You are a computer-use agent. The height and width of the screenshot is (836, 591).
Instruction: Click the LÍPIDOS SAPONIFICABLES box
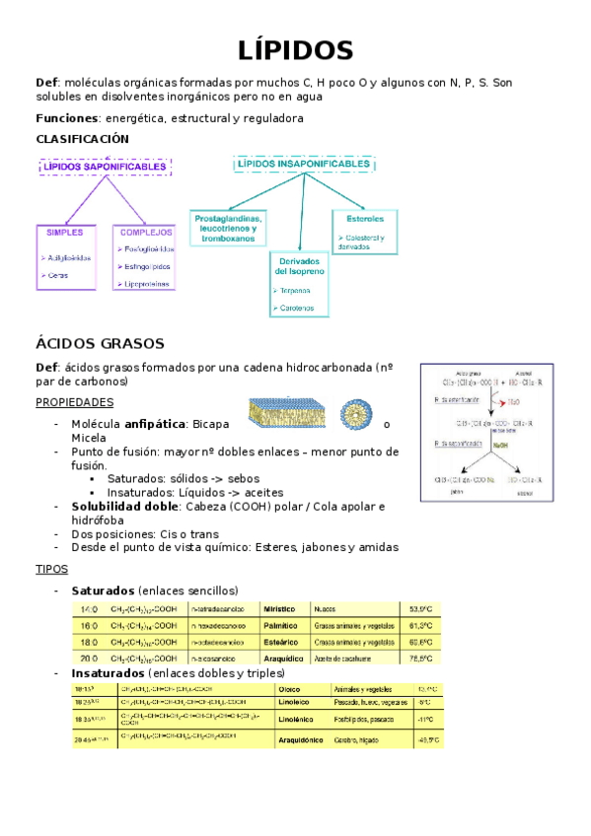(105, 168)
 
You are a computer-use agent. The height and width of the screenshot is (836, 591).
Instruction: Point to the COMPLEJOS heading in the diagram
(147, 233)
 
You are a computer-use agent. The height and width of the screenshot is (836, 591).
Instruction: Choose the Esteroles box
(365, 231)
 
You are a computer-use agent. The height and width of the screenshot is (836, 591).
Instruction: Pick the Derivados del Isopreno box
(298, 285)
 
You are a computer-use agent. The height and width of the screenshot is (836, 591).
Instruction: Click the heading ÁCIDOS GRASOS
(100, 343)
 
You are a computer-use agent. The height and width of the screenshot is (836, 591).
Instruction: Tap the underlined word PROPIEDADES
(74, 402)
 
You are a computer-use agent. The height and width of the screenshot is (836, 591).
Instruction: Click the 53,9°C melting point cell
(420, 609)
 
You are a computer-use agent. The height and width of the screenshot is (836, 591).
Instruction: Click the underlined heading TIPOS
(51, 570)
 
